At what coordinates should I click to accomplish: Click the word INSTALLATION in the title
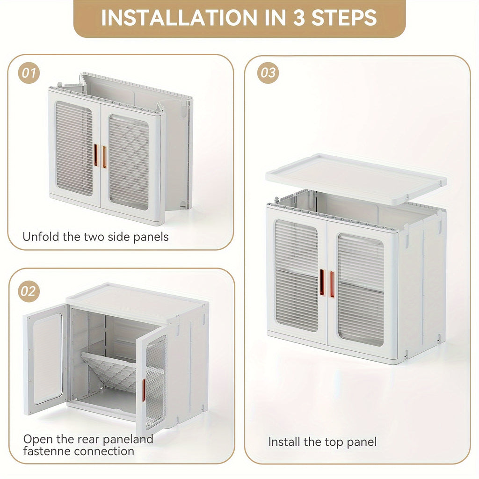pyautogui.click(x=179, y=18)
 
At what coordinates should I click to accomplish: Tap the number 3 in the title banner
pyautogui.click(x=299, y=18)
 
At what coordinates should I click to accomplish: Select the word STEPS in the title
pyautogui.click(x=344, y=18)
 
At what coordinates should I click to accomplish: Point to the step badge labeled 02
pyautogui.click(x=29, y=291)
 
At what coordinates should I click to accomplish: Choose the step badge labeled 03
pyautogui.click(x=268, y=73)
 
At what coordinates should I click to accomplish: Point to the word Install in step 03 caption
pyautogui.click(x=284, y=442)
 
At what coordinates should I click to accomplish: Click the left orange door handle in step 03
pyautogui.click(x=322, y=282)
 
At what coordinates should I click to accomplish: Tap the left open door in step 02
pyautogui.click(x=45, y=359)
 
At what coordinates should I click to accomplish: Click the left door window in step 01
pyautogui.click(x=74, y=148)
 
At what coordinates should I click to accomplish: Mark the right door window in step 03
pyautogui.click(x=361, y=290)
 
